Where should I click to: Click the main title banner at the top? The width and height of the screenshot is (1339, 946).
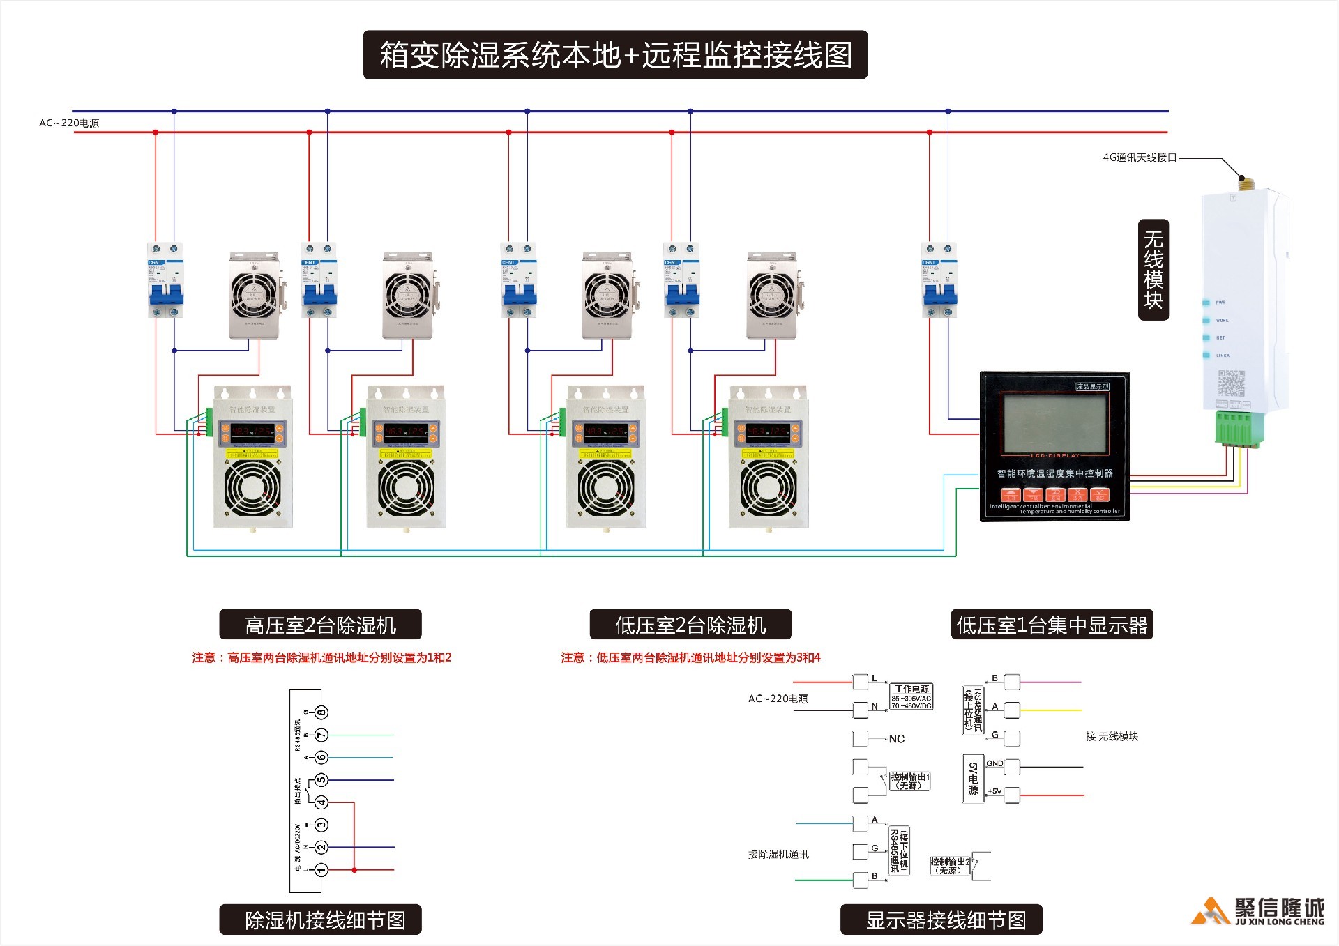coord(615,54)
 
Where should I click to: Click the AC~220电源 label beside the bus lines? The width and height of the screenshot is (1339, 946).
coord(69,123)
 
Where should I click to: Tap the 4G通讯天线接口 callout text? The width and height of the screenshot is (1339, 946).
coord(1139,158)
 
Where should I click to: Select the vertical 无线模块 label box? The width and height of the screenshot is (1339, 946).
coord(1153,270)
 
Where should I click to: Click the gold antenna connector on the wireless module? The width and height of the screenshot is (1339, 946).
coord(1243,183)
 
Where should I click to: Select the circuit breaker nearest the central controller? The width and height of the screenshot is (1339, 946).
coord(939,280)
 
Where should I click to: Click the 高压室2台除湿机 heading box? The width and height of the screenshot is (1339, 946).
coord(320,625)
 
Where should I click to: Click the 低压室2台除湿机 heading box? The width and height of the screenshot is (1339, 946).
coord(690,625)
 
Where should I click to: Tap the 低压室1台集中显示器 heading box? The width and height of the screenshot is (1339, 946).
coord(1052,625)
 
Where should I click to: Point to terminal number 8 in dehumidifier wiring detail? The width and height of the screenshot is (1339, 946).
coord(321,712)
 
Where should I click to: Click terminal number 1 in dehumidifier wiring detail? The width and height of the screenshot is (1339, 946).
coord(321,870)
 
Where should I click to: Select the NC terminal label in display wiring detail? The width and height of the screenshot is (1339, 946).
coord(896,739)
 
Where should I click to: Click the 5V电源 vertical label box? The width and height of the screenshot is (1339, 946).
coord(973,779)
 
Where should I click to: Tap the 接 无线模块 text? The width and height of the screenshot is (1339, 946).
coord(1112,736)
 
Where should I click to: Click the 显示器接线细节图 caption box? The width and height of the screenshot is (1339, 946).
coord(941,920)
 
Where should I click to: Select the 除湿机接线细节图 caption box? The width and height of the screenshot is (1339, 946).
coord(320,920)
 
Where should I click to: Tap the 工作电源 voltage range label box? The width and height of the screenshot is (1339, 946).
coord(911,696)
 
